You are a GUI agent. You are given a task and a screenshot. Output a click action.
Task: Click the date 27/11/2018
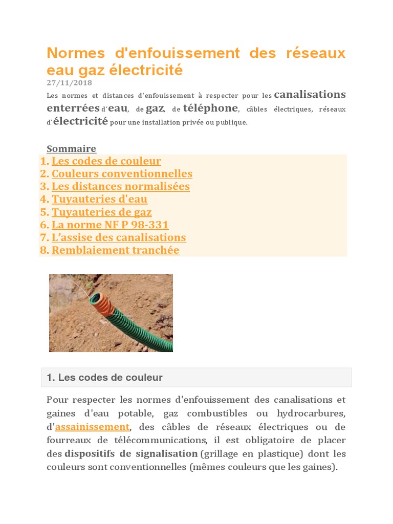point(69,82)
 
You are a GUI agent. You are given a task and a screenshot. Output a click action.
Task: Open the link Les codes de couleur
point(106,161)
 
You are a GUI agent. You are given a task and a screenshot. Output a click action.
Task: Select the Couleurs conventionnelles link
point(122,174)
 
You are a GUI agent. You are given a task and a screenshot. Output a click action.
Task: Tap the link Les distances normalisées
point(121,186)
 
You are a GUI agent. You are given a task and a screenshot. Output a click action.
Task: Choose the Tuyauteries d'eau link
point(99,199)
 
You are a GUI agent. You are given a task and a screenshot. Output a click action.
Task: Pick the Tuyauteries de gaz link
point(101,212)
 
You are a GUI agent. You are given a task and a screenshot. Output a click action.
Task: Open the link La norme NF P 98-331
point(110,225)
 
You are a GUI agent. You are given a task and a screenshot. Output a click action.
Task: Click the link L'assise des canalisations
point(119,237)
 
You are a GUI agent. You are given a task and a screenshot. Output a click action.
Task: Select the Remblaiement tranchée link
point(115,250)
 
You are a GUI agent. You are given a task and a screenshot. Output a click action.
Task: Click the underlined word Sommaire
point(71,148)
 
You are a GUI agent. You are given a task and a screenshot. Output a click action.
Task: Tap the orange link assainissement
point(92,427)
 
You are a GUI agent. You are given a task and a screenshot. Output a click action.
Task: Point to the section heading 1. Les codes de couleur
point(104,378)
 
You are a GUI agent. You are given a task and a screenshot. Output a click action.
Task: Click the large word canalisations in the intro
point(310,95)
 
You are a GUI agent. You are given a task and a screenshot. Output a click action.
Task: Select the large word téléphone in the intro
point(210,108)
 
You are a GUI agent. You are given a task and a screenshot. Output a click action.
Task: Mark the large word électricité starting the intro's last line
point(80,121)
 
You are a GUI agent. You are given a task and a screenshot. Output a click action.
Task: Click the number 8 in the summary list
point(44,250)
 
